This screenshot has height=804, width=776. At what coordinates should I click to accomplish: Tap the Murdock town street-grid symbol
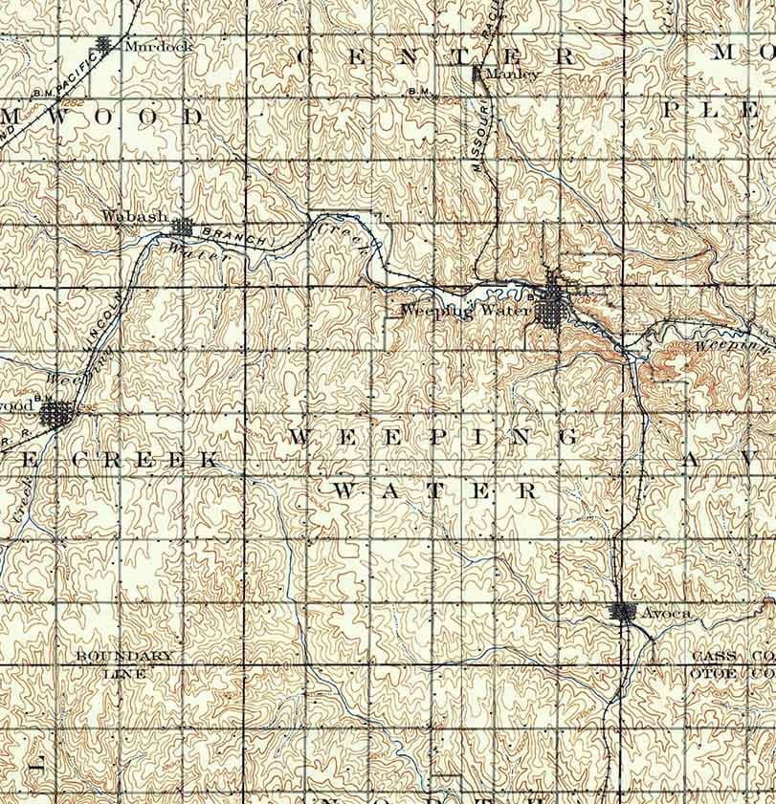(x=104, y=43)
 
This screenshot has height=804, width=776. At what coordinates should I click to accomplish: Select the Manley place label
(x=513, y=73)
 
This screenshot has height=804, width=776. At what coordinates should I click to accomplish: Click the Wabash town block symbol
(x=183, y=227)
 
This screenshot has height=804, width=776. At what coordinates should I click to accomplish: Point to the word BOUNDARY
(x=125, y=657)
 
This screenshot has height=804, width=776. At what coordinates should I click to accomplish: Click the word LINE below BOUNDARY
(x=125, y=672)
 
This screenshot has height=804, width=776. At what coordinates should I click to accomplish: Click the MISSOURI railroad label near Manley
(x=484, y=139)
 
